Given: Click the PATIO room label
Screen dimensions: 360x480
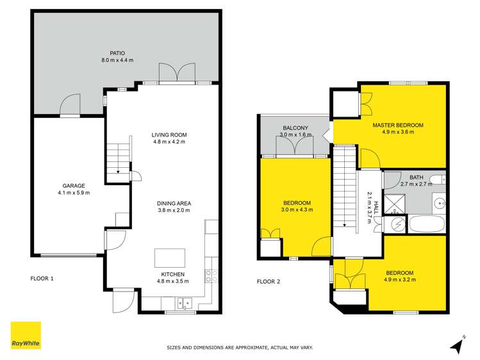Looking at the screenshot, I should (x=117, y=53).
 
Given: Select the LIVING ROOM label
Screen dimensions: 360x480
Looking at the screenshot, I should (x=169, y=135).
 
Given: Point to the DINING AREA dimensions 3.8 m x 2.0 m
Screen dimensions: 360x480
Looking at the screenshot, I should (x=174, y=210).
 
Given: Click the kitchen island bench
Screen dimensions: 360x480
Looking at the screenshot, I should (x=170, y=258).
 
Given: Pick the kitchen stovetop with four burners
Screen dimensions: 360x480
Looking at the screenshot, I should (x=211, y=276).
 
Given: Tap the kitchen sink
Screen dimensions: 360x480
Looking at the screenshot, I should (x=184, y=303).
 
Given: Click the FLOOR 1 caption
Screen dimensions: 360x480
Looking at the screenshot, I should (x=42, y=279).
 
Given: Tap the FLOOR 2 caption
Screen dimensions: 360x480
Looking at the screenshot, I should (x=269, y=281).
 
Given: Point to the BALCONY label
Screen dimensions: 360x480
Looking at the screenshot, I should (x=296, y=128).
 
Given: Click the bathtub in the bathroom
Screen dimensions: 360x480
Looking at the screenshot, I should (x=426, y=225).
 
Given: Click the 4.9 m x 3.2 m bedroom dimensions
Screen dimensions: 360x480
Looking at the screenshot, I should (x=398, y=280).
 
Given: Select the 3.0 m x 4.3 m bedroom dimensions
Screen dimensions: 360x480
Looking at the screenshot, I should (x=297, y=209).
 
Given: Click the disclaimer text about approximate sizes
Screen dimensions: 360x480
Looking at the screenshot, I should (x=240, y=348).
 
